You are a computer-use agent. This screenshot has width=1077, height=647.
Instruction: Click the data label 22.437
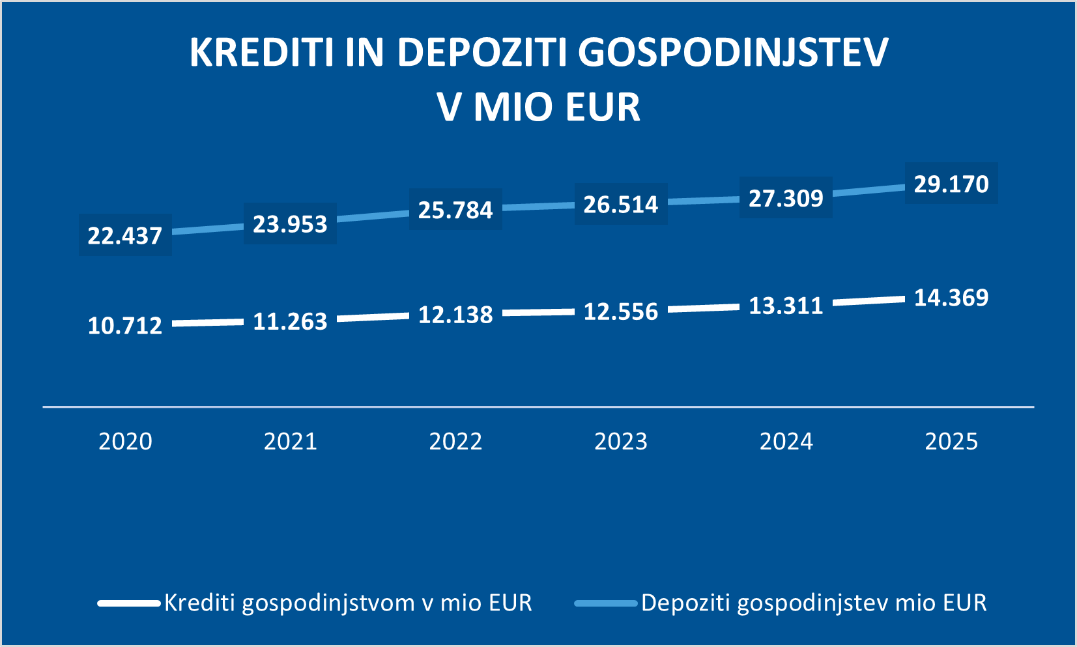124,235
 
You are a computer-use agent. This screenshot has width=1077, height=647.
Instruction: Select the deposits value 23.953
290,224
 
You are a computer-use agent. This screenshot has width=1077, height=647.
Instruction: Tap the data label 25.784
455,210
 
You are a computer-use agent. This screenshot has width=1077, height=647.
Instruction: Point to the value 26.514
621,205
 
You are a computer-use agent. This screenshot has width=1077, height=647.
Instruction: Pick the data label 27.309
786,198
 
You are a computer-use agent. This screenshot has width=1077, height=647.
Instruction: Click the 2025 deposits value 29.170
951,184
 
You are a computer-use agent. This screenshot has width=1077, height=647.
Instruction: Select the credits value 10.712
124,325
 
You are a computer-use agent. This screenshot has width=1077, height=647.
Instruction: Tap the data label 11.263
290,321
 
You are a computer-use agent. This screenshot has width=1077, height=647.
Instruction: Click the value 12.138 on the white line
455,315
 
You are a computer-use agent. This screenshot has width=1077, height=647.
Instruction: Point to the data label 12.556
621,311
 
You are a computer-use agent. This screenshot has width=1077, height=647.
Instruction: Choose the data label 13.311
786,306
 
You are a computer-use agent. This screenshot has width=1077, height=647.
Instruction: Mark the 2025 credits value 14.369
951,298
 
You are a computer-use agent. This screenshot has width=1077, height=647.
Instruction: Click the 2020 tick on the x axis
125,442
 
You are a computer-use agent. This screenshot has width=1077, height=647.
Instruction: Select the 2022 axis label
455,442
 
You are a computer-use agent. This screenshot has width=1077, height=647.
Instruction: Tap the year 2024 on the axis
786,442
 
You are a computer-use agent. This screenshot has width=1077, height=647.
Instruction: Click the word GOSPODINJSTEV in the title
734,52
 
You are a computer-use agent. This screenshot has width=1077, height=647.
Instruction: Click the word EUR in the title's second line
603,107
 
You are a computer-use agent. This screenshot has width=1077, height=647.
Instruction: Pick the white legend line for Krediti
129,603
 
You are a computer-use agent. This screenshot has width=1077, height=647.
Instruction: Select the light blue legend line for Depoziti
606,603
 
